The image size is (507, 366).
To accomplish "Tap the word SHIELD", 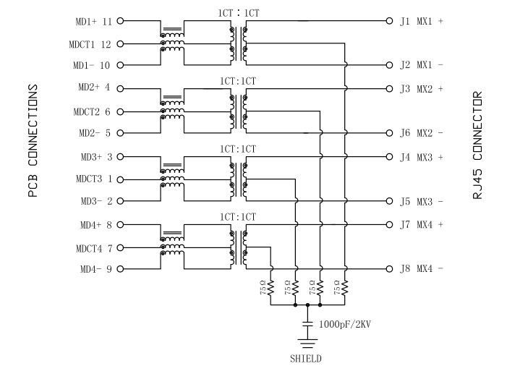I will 307,358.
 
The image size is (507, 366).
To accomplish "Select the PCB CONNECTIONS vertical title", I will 33,141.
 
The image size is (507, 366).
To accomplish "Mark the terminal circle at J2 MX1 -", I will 388,64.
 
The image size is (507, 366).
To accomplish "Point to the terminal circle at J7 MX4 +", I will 388,224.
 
